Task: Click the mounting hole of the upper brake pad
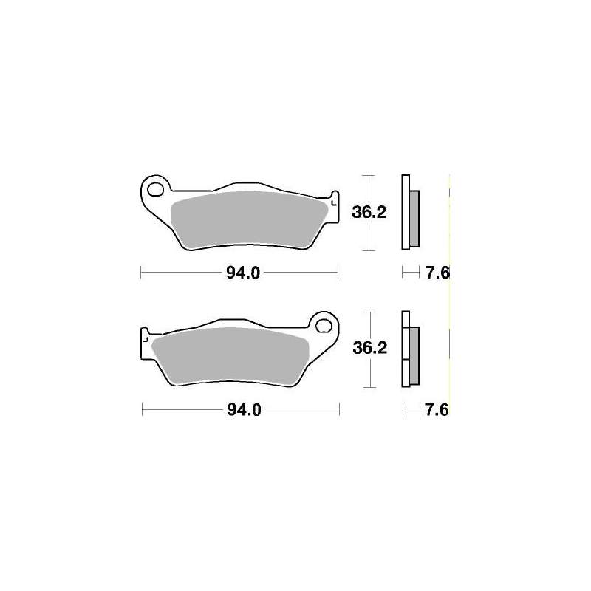click(x=155, y=190)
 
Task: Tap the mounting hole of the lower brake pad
click(x=324, y=326)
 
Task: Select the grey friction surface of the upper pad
click(x=249, y=220)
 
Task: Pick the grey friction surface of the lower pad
click(x=230, y=356)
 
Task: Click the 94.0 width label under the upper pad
click(x=243, y=273)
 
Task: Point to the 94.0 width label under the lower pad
click(x=245, y=410)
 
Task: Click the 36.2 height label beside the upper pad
click(x=369, y=213)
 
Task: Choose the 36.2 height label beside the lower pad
click(x=370, y=348)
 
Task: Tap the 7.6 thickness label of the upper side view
click(x=437, y=273)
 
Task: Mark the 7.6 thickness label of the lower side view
click(x=437, y=410)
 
